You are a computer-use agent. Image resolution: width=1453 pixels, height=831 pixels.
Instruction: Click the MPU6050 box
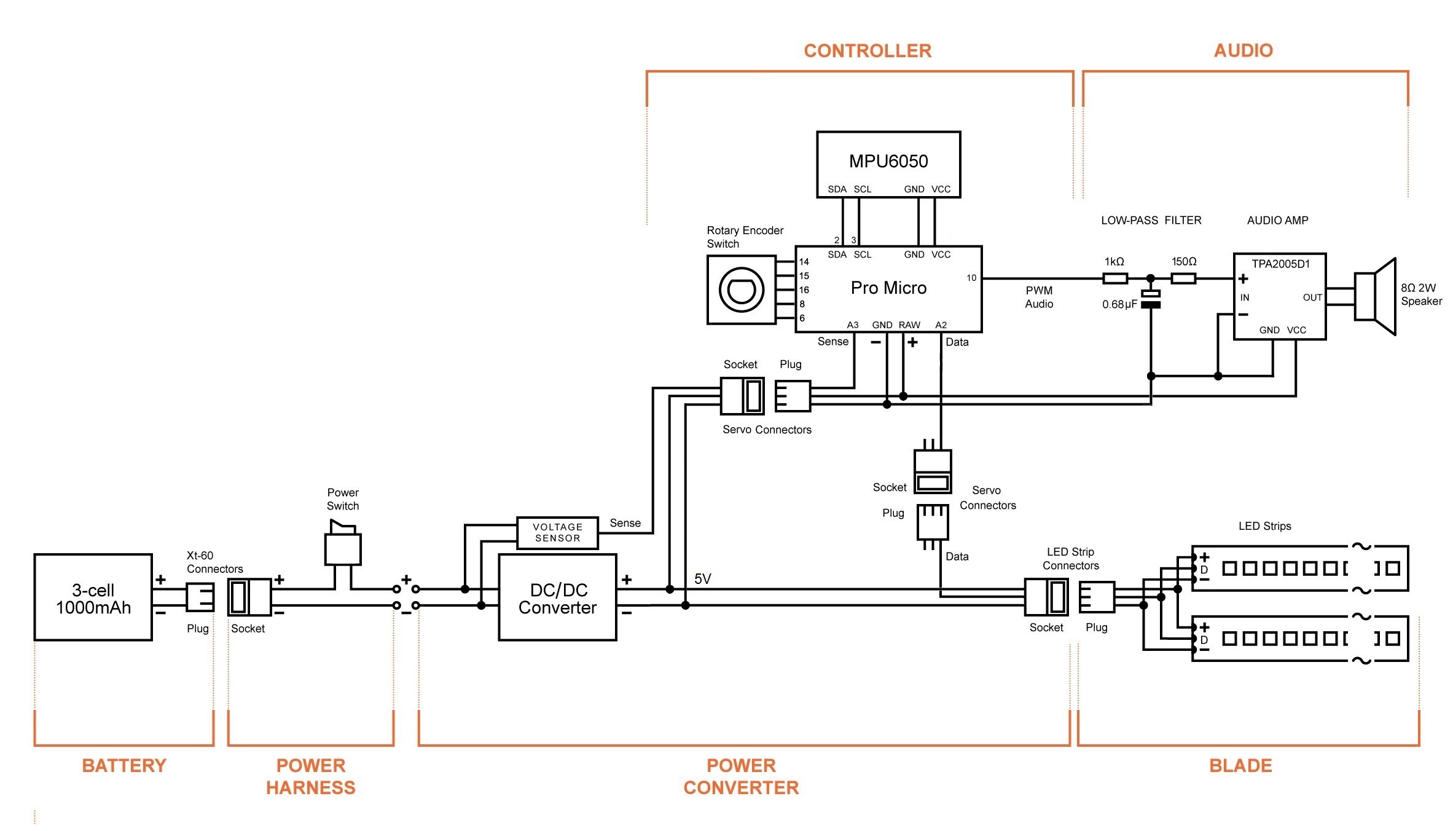point(888,164)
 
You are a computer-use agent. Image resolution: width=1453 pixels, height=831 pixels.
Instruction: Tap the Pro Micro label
point(888,288)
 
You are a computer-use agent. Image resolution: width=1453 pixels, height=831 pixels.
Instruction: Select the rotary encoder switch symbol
point(741,289)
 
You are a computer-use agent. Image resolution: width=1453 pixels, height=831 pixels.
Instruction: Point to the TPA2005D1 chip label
point(1280,264)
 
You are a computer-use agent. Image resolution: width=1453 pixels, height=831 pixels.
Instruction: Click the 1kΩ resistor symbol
point(1114,279)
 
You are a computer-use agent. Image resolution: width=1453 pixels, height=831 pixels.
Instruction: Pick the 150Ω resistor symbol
point(1183,279)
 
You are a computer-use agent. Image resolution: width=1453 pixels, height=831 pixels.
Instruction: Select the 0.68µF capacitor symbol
point(1150,299)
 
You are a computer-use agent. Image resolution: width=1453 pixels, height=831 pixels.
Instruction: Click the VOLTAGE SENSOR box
point(557,533)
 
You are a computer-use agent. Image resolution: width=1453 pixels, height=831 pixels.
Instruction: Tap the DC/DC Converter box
point(557,598)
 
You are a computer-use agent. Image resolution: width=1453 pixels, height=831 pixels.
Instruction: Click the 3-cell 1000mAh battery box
point(93,598)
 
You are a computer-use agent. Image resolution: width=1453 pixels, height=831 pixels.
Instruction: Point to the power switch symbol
point(342,544)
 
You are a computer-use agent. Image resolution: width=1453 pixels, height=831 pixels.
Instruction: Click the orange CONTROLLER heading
point(867,51)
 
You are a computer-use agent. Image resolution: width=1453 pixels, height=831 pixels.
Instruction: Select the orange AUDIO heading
point(1243,50)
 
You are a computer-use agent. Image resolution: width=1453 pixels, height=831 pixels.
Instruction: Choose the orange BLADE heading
point(1240,766)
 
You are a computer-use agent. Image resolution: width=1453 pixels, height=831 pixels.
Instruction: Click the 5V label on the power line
point(702,579)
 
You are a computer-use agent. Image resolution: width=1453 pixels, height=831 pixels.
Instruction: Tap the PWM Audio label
point(1039,297)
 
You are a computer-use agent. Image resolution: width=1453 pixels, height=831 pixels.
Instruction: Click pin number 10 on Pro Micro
point(971,278)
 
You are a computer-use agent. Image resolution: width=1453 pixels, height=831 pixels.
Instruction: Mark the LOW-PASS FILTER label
point(1151,220)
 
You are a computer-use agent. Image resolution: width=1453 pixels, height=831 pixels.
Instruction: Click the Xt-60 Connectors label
point(214,562)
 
